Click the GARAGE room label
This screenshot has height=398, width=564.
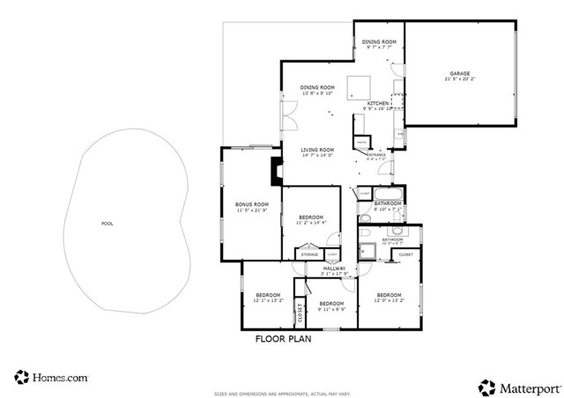[459, 74]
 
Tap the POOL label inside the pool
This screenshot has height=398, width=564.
[108, 224]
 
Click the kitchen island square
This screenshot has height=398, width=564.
[359, 87]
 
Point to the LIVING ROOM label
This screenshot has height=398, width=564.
[316, 150]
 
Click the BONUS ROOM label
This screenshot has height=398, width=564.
[251, 204]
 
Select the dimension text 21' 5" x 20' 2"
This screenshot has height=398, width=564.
[459, 80]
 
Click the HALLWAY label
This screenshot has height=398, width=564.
[334, 268]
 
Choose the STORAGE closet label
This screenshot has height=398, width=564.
[308, 254]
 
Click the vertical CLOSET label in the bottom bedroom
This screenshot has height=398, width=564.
[298, 313]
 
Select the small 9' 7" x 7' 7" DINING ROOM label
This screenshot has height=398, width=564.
[379, 42]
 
